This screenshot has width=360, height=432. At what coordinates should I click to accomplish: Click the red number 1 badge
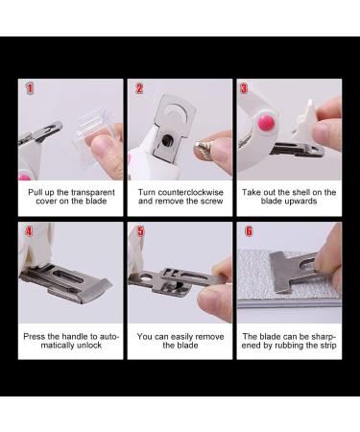pos(30,88)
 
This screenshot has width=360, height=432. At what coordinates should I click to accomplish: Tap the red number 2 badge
pos(139,88)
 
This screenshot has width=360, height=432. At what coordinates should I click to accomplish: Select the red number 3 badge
pos(245,88)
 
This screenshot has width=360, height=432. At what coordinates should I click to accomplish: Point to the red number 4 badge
pos(30,231)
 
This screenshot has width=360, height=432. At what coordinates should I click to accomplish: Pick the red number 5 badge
pos(139,231)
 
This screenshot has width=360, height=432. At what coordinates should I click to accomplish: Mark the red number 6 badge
pos(249,231)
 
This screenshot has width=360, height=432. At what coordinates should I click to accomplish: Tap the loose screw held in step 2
pos(204,148)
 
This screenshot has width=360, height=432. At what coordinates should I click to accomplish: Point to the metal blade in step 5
pos(173,280)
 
